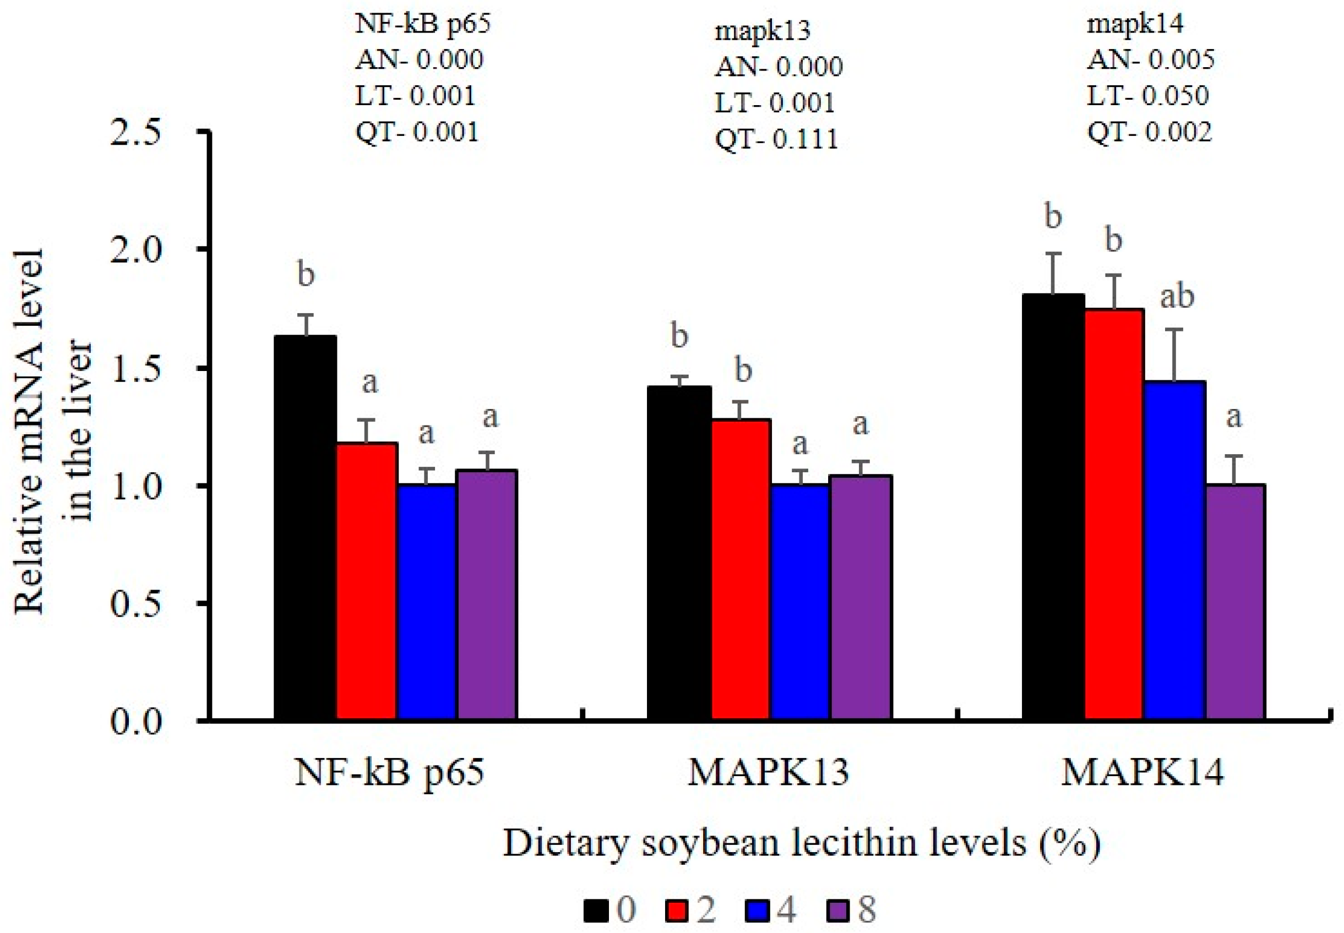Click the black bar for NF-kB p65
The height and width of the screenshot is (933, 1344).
pyautogui.click(x=305, y=526)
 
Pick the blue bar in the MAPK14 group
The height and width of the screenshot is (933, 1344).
pyautogui.click(x=1174, y=549)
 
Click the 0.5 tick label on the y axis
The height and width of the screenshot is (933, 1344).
pyautogui.click(x=135, y=604)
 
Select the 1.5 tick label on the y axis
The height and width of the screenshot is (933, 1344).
pyautogui.click(x=135, y=369)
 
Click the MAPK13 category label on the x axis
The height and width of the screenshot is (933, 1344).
pyautogui.click(x=768, y=773)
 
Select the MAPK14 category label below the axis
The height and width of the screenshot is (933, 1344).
pyautogui.click(x=1142, y=773)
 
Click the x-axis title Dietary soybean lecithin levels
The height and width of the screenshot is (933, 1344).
pyautogui.click(x=801, y=844)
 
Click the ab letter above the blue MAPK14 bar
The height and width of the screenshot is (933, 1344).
pyautogui.click(x=1176, y=297)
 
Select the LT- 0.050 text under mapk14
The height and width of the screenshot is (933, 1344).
pyautogui.click(x=1147, y=95)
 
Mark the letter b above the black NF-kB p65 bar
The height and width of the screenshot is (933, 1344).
pyautogui.click(x=306, y=274)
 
